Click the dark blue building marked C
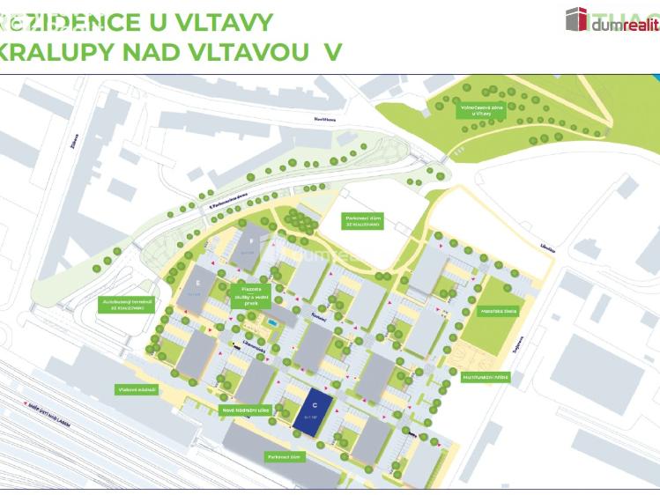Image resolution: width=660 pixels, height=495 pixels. click(x=315, y=411)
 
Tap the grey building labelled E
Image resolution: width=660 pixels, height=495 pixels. click(x=197, y=287)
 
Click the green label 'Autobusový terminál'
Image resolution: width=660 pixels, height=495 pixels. click(x=127, y=305)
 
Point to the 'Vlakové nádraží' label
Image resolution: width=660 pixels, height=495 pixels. click(x=136, y=389)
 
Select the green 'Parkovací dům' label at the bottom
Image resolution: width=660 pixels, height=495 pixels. click(x=284, y=456)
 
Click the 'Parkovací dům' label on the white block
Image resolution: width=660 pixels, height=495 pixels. click(x=362, y=222)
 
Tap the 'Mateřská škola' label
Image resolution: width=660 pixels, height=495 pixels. click(x=498, y=311)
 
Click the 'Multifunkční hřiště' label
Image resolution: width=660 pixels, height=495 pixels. click(x=486, y=377)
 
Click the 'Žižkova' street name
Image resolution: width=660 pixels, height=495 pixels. click(x=76, y=141)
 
